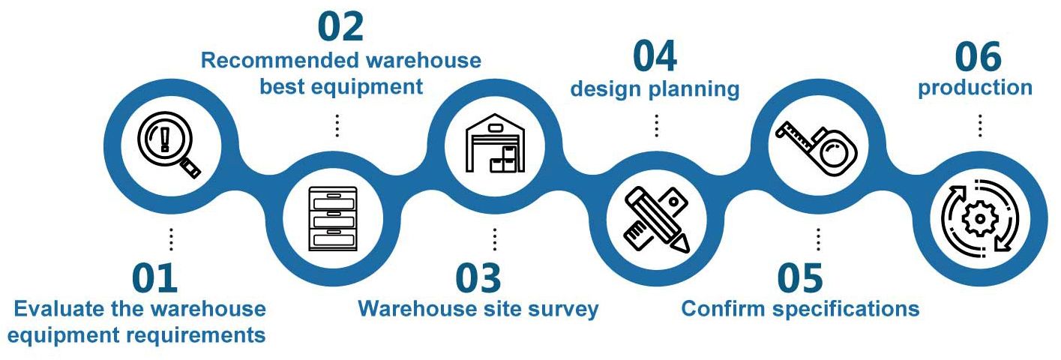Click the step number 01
tap(155, 278)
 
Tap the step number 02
tap(340, 26)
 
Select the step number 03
tap(478, 278)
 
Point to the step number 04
tap(655, 56)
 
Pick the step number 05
tap(799, 278)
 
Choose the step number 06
tap(978, 56)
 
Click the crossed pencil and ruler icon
tap(656, 218)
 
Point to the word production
tap(975, 88)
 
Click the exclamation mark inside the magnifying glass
tap(163, 139)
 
